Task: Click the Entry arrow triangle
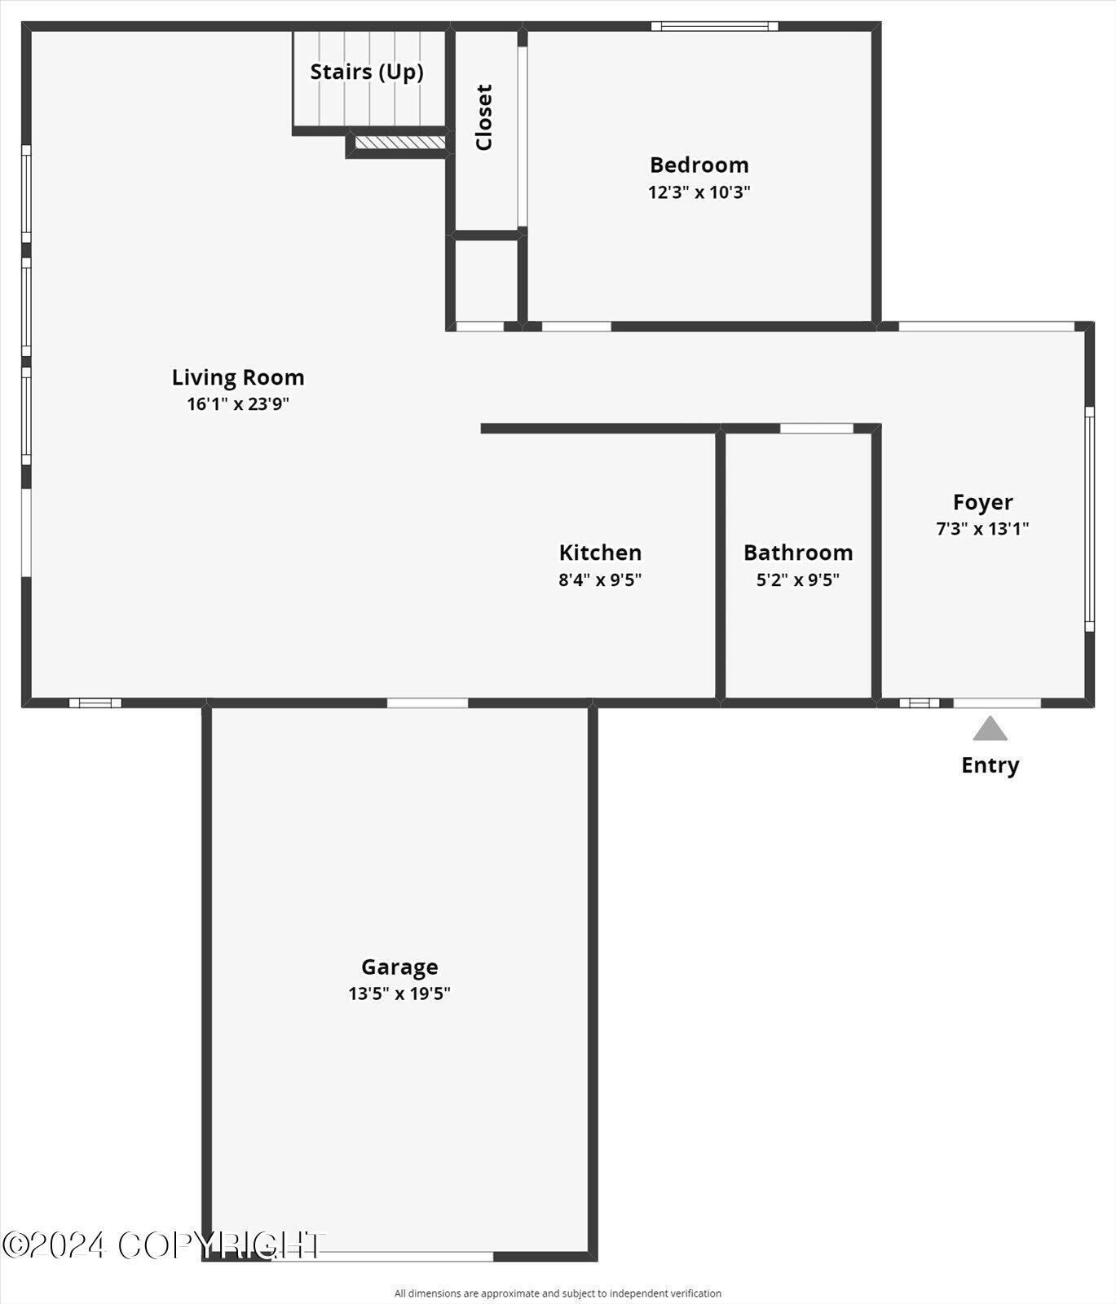pos(990,729)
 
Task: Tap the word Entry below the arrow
pos(990,765)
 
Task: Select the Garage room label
pos(399,967)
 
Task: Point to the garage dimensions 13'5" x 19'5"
pos(399,993)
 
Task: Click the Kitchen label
pos(600,553)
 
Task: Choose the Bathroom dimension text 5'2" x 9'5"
pos(797,579)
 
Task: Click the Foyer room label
pos(982,502)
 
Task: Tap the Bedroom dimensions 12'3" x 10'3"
pos(699,192)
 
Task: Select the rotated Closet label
pos(484,117)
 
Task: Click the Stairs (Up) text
pos(367,72)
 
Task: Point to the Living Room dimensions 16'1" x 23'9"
pos(238,403)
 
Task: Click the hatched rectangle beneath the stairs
pos(400,143)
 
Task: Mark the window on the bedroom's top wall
pos(714,26)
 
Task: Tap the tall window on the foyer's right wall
pos(1089,519)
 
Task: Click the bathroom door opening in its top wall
pos(816,428)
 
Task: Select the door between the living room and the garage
pos(427,703)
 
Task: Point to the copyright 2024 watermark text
pos(163,1245)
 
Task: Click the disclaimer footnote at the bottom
pos(558,1293)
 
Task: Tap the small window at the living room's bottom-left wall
pos(95,703)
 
